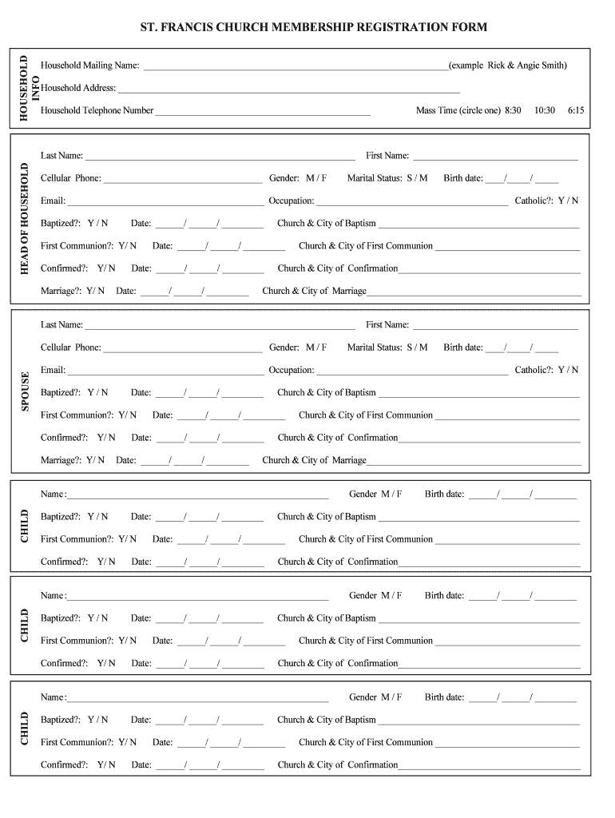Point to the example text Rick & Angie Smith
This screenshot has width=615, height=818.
526,65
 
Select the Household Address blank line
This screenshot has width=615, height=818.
288,90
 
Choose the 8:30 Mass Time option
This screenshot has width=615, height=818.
513,110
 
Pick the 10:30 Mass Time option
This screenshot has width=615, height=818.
545,110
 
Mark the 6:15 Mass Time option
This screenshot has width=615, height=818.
576,110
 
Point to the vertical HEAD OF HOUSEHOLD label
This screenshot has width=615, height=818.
24,218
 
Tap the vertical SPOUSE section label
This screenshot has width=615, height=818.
24,391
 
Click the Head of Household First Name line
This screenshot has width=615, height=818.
494,158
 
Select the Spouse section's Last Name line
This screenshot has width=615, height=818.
220,328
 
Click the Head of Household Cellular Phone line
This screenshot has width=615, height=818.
183,181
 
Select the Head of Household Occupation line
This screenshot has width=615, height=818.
411,203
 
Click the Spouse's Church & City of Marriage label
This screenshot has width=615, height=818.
314,460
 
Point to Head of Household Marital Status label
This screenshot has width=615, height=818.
375,178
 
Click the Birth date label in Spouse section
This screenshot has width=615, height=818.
462,347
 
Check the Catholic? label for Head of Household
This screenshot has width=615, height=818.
534,201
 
